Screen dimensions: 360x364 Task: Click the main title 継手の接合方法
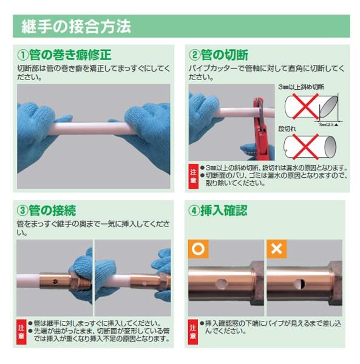point(76,27)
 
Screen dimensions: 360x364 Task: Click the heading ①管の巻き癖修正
point(64,55)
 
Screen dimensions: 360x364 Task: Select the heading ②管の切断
point(219,55)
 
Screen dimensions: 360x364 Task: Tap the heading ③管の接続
point(47,211)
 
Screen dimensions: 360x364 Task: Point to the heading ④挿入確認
point(217,211)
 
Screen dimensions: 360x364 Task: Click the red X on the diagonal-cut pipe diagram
point(305,106)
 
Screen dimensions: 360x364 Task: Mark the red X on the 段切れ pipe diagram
point(305,147)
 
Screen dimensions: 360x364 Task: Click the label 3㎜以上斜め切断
point(301,87)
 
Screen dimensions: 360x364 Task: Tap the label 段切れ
point(287,129)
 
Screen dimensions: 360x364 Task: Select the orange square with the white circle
point(198,249)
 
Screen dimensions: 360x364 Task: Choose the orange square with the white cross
point(276,249)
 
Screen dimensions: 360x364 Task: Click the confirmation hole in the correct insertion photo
point(221,285)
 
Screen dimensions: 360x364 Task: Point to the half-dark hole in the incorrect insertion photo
point(300,285)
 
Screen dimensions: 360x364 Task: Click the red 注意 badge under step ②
point(193,177)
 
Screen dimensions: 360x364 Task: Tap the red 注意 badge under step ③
point(21,332)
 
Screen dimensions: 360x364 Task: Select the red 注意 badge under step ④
point(193,332)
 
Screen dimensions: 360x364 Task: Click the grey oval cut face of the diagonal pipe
point(328,107)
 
